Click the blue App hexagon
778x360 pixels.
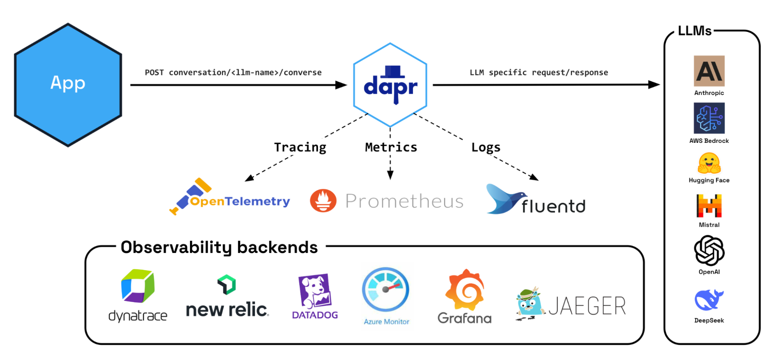(68, 85)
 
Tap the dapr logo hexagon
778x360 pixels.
(390, 85)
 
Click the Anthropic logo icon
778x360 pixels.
(709, 71)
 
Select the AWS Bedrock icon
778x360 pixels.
(709, 118)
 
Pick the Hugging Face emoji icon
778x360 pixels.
(709, 163)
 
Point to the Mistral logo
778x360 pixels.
(709, 206)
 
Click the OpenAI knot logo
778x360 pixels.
(709, 251)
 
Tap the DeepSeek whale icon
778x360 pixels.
(709, 300)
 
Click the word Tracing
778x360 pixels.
(300, 148)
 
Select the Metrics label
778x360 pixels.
(391, 147)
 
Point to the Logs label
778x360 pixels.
(486, 148)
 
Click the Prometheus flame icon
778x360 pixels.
(323, 201)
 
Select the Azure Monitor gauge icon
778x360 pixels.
(385, 290)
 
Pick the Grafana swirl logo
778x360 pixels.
(465, 290)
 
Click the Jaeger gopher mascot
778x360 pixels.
(529, 304)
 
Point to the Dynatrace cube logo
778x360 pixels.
(138, 286)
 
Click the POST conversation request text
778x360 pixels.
(233, 73)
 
